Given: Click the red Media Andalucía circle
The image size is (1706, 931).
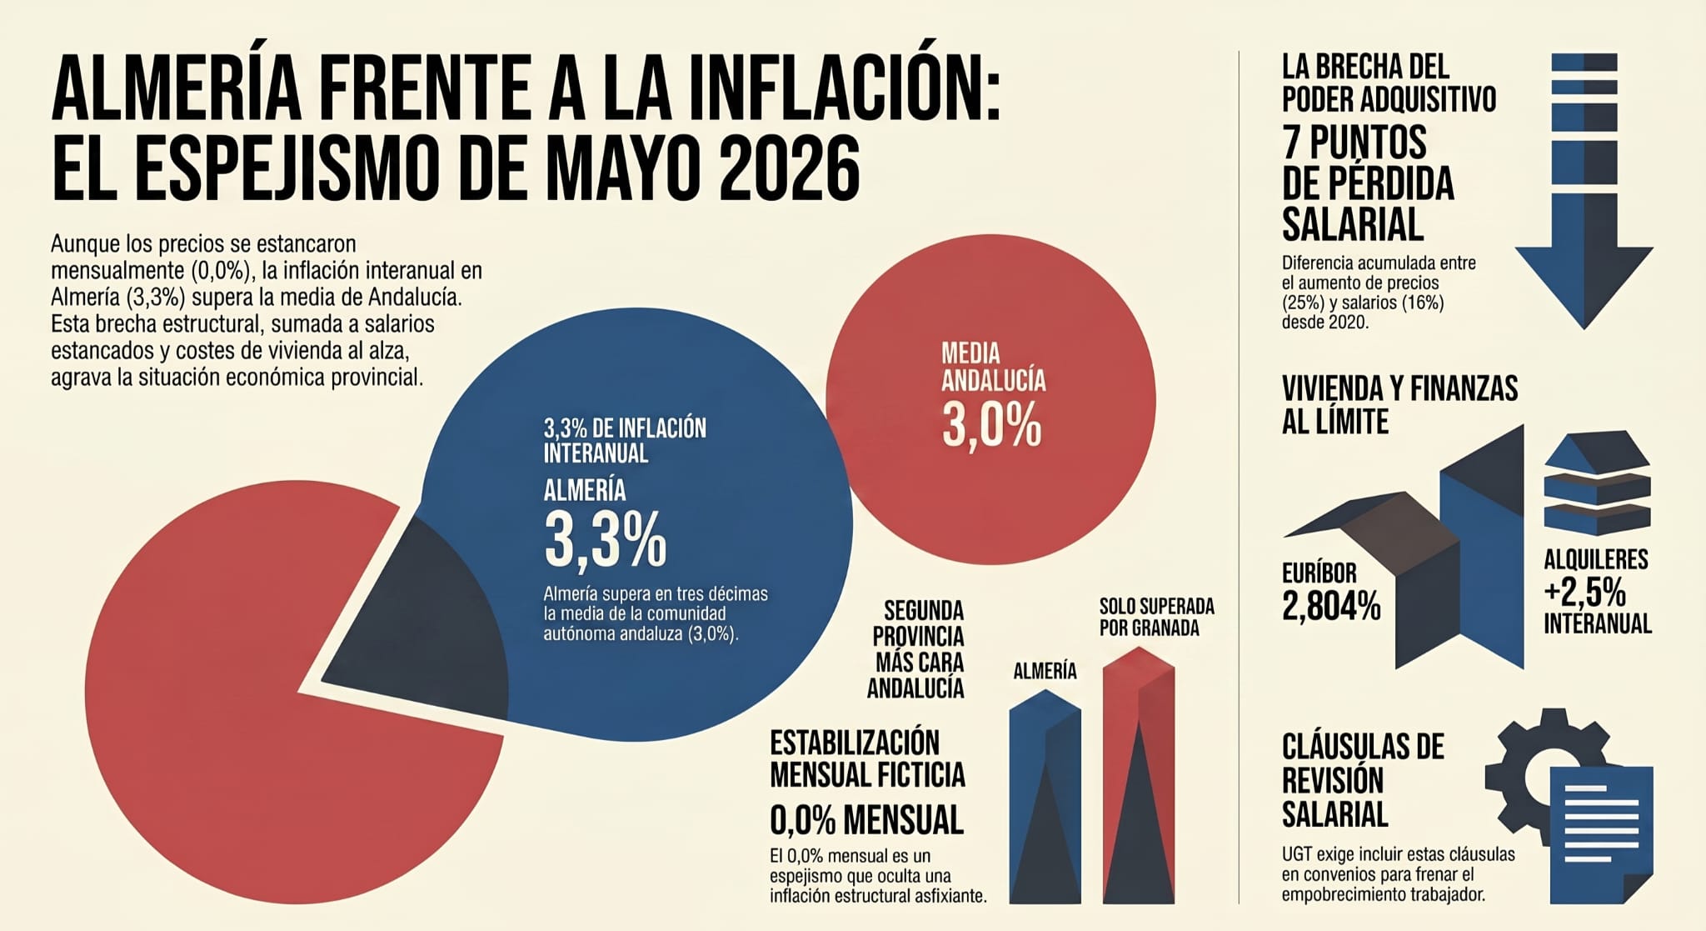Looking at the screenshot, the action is (990, 399).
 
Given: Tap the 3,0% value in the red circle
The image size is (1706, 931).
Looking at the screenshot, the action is (991, 425).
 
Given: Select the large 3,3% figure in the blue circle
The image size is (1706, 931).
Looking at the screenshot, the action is (606, 540).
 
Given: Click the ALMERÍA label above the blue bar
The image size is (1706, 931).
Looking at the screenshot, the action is (1045, 671).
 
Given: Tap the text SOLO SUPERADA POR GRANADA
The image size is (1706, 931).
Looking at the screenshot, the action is (1156, 617).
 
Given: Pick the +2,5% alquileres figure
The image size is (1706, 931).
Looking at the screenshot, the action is (1584, 593).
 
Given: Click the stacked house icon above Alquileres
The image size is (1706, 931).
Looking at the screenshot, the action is (1597, 483).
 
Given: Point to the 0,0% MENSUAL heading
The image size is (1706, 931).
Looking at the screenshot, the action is (866, 820).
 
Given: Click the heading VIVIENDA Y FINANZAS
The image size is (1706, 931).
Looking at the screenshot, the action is (1399, 388).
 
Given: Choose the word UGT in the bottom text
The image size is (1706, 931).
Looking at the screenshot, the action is (1298, 855).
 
